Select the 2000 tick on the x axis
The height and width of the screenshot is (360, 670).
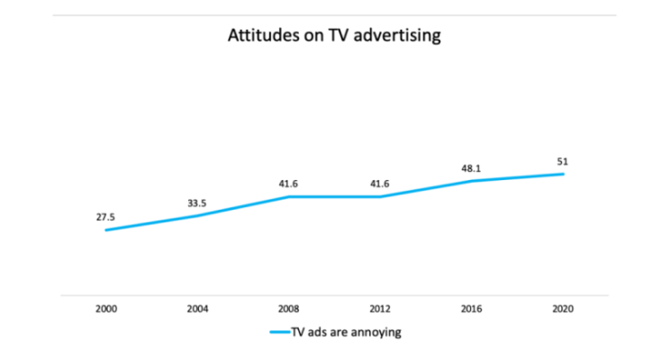106,309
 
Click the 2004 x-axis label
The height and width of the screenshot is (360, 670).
197,309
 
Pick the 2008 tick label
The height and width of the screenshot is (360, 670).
289,309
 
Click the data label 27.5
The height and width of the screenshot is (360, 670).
106,217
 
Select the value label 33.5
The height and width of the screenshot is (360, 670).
197,202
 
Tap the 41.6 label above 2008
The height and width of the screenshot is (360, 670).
289,183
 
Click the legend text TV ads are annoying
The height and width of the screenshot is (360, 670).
346,332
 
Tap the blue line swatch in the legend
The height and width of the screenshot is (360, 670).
279,332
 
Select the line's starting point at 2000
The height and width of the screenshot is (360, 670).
106,230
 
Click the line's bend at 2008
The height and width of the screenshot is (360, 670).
289,196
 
